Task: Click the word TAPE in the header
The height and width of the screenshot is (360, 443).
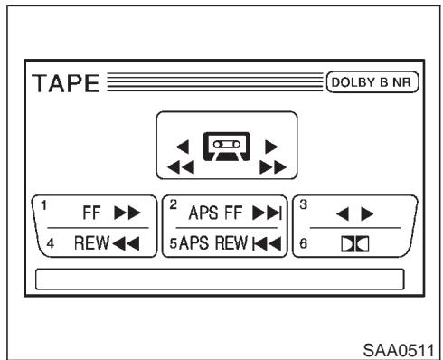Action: (66, 83)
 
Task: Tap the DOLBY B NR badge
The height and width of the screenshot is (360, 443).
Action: (372, 82)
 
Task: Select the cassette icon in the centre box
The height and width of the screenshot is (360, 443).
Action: (227, 147)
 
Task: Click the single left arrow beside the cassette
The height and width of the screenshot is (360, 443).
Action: (183, 147)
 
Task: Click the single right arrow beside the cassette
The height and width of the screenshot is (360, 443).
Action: (271, 147)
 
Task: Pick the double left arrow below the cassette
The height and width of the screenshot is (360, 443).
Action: (181, 167)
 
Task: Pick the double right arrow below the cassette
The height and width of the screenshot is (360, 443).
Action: (273, 167)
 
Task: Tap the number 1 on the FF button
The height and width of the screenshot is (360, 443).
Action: (44, 205)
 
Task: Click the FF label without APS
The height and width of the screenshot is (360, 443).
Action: (91, 213)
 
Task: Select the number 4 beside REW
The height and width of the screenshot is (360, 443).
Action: (51, 243)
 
